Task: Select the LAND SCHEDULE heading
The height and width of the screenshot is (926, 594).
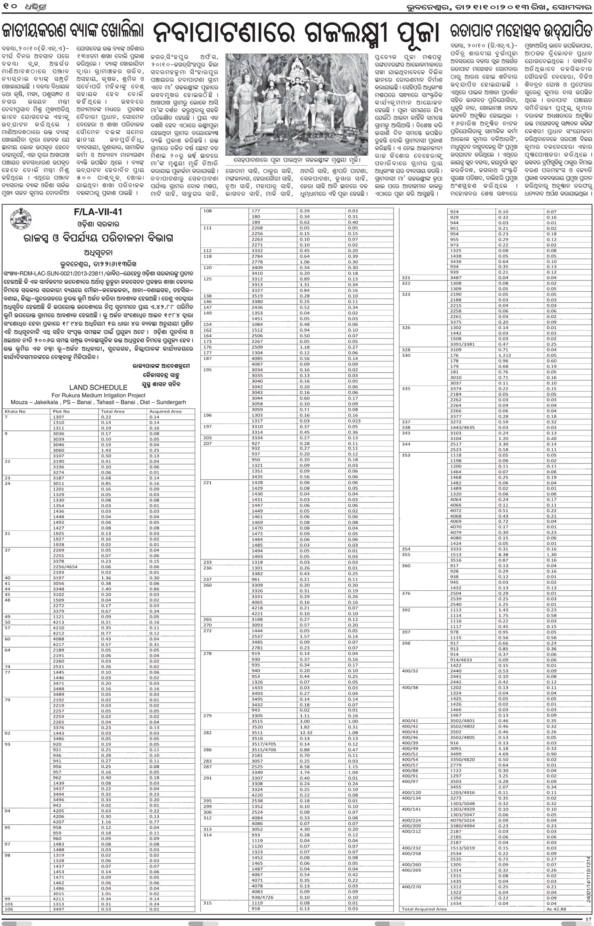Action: (x=98, y=388)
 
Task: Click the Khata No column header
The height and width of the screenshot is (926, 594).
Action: (x=15, y=411)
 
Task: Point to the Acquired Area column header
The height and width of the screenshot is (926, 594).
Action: (x=165, y=411)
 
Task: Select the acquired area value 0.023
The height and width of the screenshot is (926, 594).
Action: (x=354, y=421)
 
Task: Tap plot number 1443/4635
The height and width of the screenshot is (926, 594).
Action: (x=462, y=428)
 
